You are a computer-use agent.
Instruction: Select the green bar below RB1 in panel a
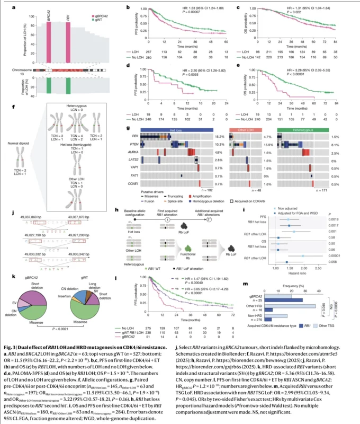pos(68,86)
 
